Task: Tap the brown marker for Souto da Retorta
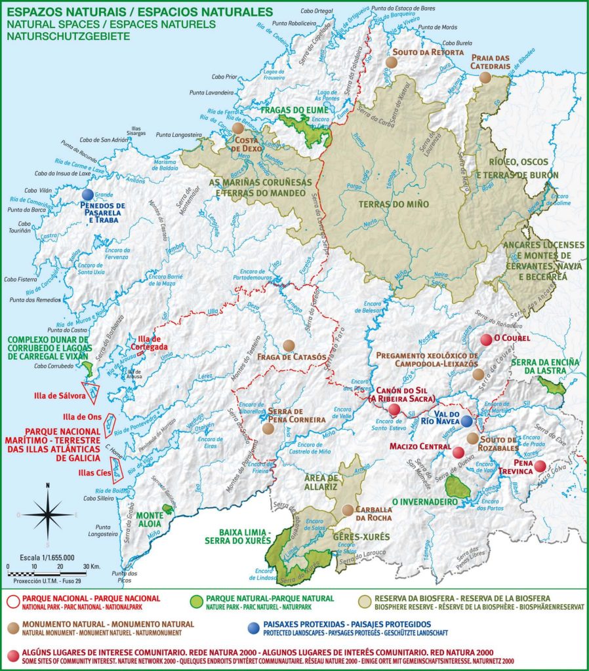(392, 62)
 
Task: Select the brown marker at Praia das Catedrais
(485, 77)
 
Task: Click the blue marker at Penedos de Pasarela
(87, 195)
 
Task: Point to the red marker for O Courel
(486, 339)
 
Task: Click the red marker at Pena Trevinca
(539, 467)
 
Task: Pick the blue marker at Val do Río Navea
(466, 421)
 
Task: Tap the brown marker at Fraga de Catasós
(289, 345)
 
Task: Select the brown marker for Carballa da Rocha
(348, 509)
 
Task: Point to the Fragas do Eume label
(294, 110)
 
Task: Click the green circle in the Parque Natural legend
(195, 599)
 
